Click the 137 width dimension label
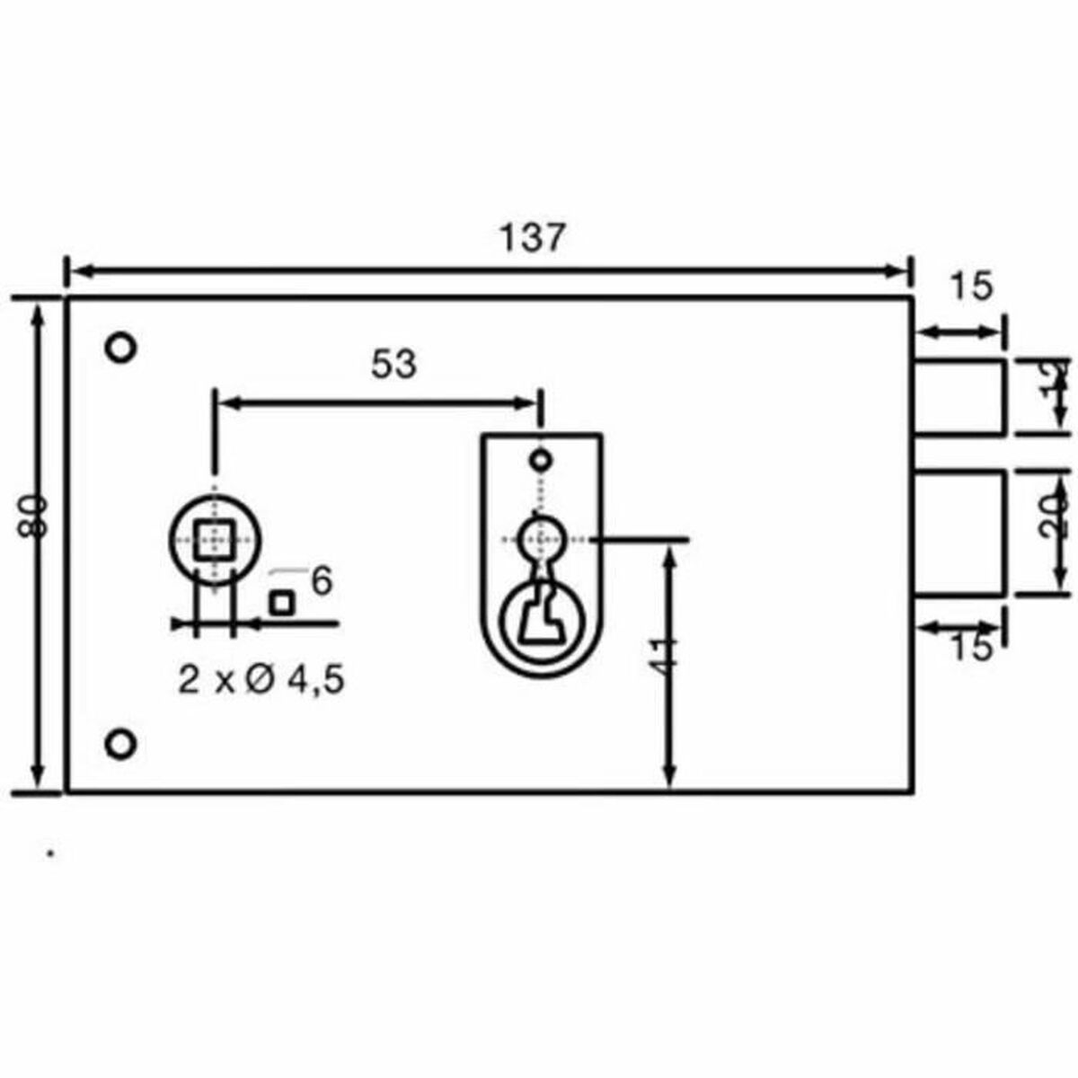(534, 238)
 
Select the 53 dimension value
(393, 365)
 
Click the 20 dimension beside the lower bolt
(1058, 515)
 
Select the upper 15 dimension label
(971, 287)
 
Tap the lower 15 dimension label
(971, 645)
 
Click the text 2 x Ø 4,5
(261, 681)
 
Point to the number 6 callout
(322, 581)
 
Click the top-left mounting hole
(120, 347)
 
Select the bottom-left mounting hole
(120, 744)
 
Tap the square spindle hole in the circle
(214, 539)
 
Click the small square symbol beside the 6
(282, 603)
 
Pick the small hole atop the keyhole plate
(540, 461)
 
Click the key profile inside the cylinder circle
(540, 619)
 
